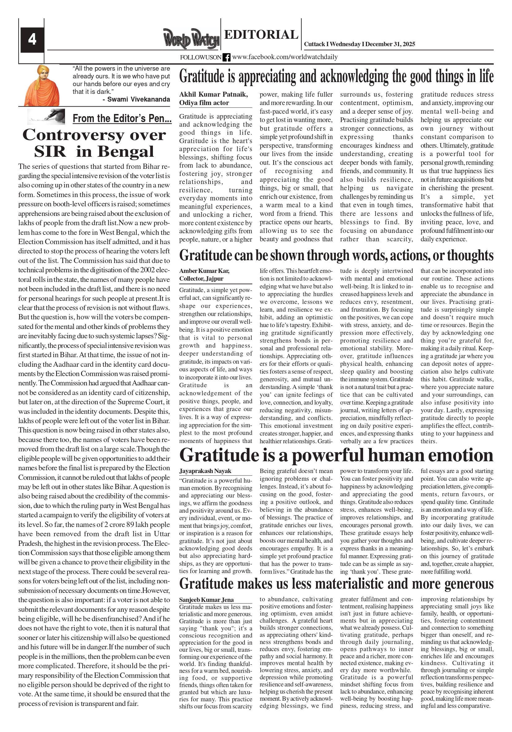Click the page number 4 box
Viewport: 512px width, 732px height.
(32, 40)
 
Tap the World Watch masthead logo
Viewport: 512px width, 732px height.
(191, 39)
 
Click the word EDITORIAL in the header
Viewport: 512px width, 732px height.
(261, 34)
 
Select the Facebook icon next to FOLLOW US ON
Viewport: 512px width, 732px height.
(226, 57)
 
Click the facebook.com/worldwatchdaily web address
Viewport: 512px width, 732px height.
(285, 57)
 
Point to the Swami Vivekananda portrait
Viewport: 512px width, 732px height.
(42, 85)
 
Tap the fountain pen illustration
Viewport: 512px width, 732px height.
(46, 117)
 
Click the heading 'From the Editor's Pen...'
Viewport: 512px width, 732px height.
(122, 119)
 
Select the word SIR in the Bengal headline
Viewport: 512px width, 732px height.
(50, 152)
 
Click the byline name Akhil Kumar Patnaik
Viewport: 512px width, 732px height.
(213, 94)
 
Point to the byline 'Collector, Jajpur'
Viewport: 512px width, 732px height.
(201, 279)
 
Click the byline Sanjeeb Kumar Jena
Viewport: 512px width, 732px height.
(206, 600)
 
